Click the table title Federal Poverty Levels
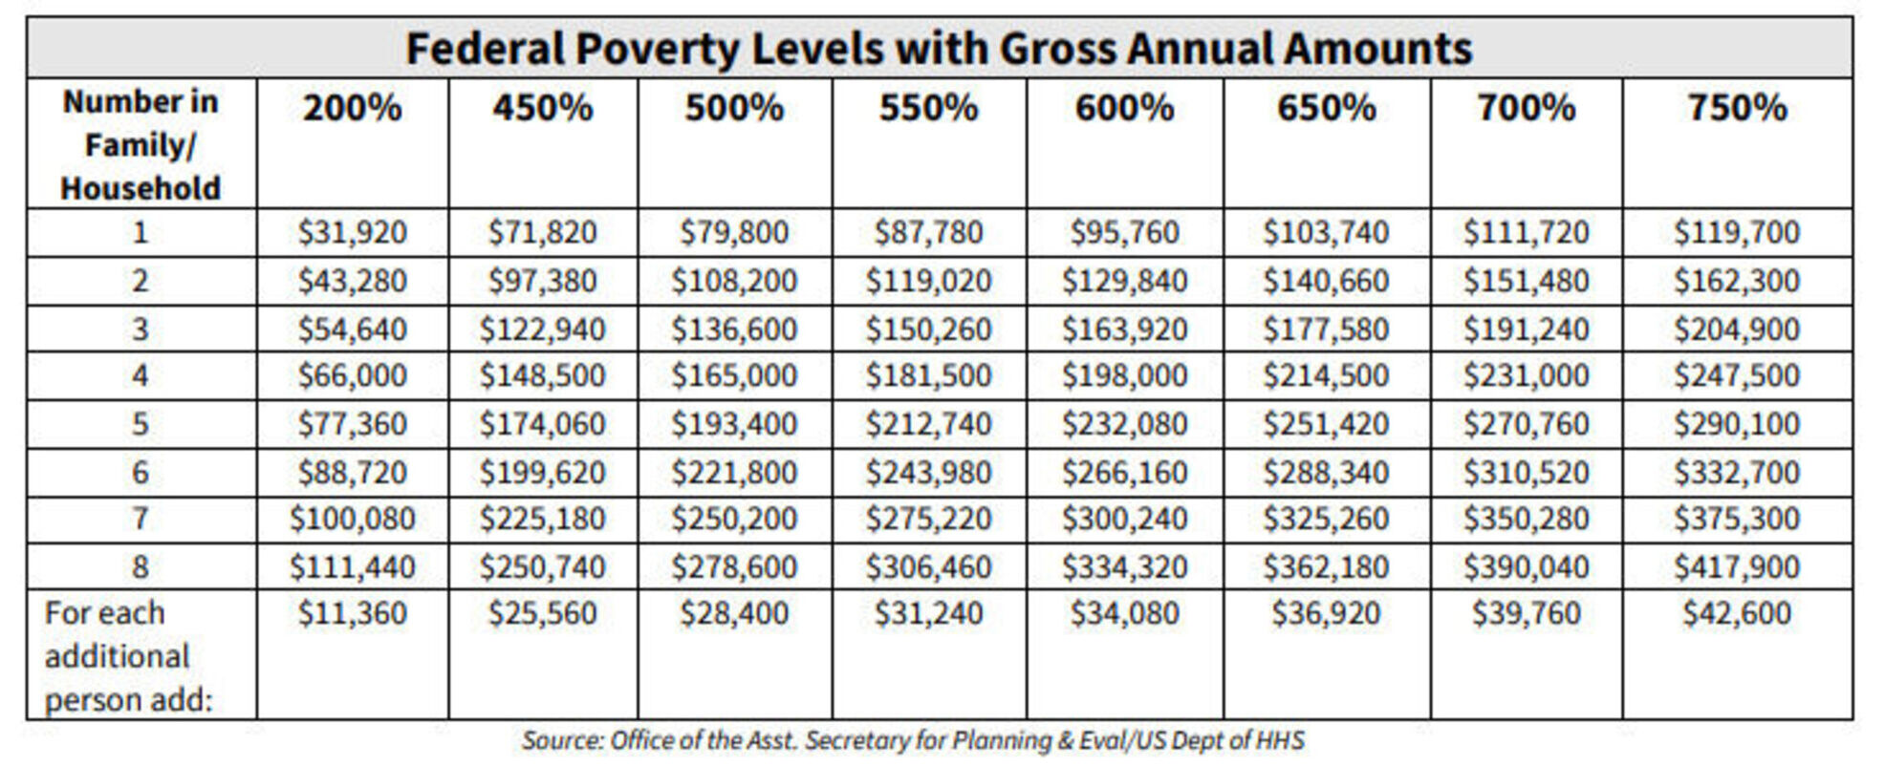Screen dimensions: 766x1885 click(938, 49)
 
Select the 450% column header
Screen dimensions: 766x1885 click(543, 108)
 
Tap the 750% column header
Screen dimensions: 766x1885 click(1736, 108)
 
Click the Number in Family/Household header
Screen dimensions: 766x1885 click(141, 144)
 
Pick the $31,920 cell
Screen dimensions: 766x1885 click(352, 232)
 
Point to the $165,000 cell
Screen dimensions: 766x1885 click(733, 375)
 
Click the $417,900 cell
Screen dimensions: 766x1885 click(1736, 567)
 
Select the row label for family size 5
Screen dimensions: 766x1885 click(141, 423)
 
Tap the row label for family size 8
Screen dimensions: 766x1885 click(141, 567)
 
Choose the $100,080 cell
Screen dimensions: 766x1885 click(352, 519)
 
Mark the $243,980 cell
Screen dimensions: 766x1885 click(928, 472)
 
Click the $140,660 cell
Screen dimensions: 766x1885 click(1325, 281)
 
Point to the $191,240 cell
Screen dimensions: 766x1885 click(1526, 330)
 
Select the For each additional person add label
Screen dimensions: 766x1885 click(128, 656)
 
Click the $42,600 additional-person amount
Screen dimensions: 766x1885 click(1736, 613)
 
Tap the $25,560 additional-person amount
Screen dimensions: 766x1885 click(543, 613)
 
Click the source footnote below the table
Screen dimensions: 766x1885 click(913, 741)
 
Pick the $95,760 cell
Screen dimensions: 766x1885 click(1124, 232)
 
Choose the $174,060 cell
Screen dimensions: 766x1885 click(543, 423)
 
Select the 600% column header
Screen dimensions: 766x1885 click(1124, 108)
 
